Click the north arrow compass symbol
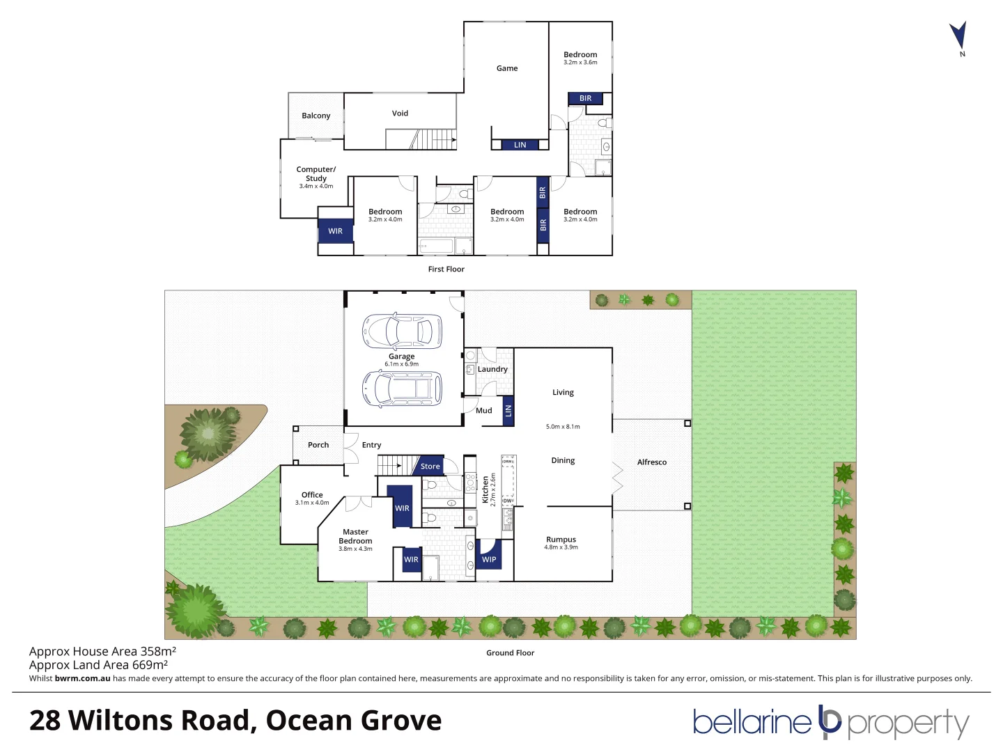(958, 36)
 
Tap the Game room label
(507, 68)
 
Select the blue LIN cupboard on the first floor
(520, 145)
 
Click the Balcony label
(316, 116)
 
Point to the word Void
(400, 113)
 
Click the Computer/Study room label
(316, 174)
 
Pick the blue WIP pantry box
(489, 558)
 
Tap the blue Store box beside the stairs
(430, 467)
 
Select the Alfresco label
(651, 462)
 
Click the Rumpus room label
(561, 540)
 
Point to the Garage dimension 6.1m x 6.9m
(401, 364)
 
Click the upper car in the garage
(402, 331)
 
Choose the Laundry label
(492, 369)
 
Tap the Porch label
(318, 445)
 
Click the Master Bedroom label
(355, 536)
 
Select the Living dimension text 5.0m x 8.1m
(563, 426)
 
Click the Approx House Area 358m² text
(102, 652)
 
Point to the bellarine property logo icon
(830, 721)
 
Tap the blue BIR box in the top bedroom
(585, 99)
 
